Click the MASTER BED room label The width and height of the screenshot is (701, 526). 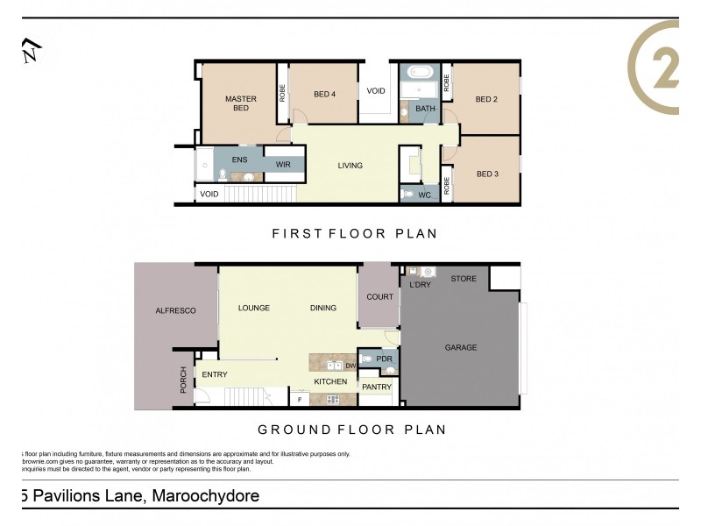coord(240,103)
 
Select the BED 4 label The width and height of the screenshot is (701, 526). coord(325,95)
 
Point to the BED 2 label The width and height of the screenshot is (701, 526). coord(486,99)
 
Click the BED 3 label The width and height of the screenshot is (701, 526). coord(487,174)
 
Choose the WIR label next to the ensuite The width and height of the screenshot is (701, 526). coord(283,164)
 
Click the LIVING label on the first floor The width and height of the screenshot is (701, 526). coord(350,165)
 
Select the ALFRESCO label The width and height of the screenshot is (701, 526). coord(174,310)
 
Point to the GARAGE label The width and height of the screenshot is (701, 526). coord(461,348)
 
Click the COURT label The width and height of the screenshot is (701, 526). coord(379,297)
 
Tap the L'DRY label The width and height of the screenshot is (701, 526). coord(421,285)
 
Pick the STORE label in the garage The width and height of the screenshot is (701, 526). coord(464,279)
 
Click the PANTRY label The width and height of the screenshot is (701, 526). coord(377,387)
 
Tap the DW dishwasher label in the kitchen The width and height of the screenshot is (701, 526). coord(350,366)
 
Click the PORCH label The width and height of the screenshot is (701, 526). coord(183,380)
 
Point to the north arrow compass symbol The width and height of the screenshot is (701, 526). coord(32,52)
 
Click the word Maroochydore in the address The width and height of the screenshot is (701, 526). coord(206,496)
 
